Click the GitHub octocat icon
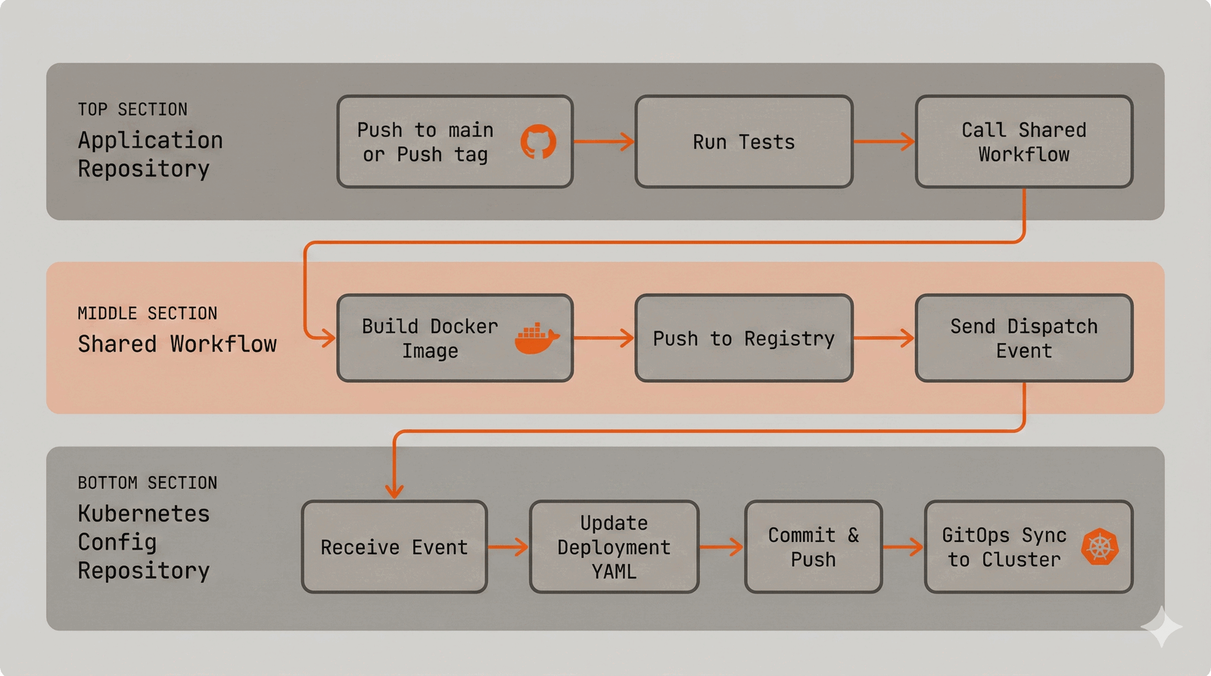coord(538,142)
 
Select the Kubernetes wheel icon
coord(1100,547)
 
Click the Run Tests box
coord(744,142)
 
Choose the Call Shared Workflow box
coord(1023,142)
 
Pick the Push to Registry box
coord(744,338)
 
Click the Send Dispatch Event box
coord(1023,338)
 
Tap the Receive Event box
coord(394,547)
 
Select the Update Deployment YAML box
coord(614,547)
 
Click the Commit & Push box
coord(813,547)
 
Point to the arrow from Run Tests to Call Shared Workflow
coord(884,142)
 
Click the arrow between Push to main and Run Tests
coord(603,142)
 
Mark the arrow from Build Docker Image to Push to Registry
coord(603,338)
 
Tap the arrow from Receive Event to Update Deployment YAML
coord(508,547)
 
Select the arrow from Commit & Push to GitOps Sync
coord(903,547)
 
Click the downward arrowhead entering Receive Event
coord(394,491)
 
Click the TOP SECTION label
coord(132,110)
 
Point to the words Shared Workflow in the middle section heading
coord(177,344)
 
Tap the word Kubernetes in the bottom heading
coord(144,514)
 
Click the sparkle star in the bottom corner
coord(1161,627)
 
